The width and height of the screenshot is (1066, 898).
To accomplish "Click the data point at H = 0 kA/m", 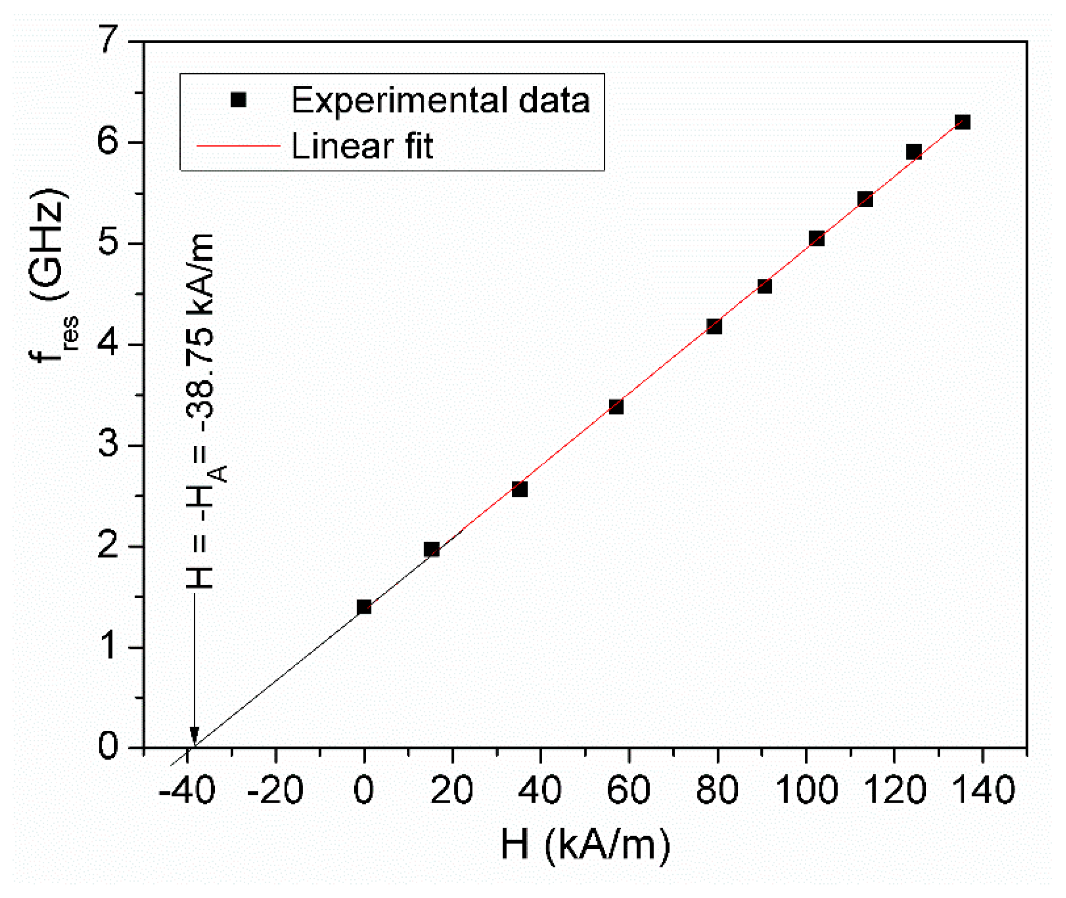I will click(364, 607).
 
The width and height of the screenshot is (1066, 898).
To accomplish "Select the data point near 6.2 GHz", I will click(962, 122).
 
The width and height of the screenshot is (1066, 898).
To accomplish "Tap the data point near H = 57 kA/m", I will click(616, 407).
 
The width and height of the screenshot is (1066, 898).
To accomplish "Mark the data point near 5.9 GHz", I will click(914, 152).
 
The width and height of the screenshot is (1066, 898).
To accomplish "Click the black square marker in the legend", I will click(238, 100).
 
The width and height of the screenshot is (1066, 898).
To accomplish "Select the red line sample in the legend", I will click(238, 146).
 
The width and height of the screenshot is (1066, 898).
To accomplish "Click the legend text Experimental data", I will click(440, 100).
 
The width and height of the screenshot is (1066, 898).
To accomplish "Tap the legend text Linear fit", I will click(362, 146).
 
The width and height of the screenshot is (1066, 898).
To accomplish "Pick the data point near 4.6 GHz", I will click(764, 286).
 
